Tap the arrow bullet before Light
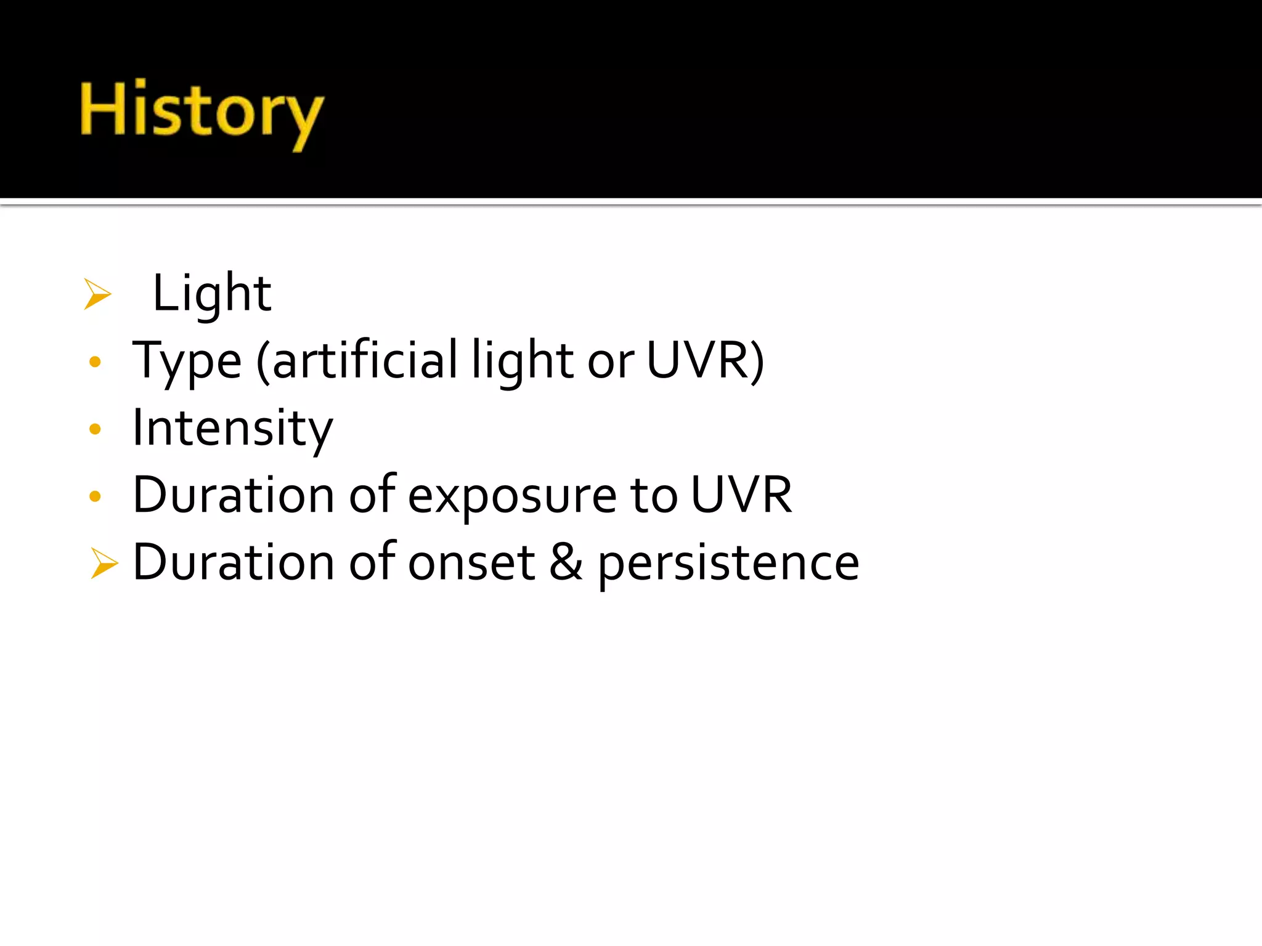coord(97,294)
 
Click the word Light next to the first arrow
coord(211,293)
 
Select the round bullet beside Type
coord(95,362)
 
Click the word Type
coord(187,362)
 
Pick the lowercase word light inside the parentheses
coord(523,362)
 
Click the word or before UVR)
coord(610,362)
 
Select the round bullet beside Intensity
coord(95,429)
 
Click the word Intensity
coord(232,429)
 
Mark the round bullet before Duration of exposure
coord(95,496)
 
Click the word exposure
coord(512,496)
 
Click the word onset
coord(471,562)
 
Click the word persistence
coord(728,564)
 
